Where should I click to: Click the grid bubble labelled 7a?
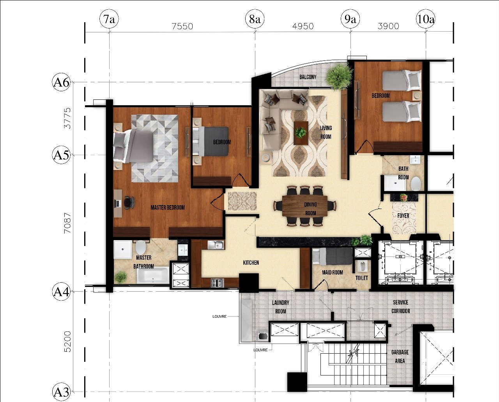coord(109,19)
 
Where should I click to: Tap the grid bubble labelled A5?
coord(61,155)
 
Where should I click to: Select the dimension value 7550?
coord(182,26)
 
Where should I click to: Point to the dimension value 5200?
coord(67,342)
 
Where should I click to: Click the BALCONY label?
coord(308,77)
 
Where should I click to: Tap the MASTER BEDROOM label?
coord(168,207)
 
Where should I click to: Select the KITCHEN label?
coord(251,262)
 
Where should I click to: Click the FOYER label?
coord(403,216)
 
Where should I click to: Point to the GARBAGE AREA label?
coord(400,356)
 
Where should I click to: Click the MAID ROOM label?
coord(332,272)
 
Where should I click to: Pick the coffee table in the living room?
coord(301,133)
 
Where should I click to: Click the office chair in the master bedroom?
coord(129,203)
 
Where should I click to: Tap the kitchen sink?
coord(216,245)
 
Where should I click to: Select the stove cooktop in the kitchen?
coord(217,282)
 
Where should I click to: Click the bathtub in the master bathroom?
coord(153,275)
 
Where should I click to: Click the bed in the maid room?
coord(332,256)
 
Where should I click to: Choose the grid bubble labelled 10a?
coord(425,19)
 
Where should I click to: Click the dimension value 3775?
coord(67,118)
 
